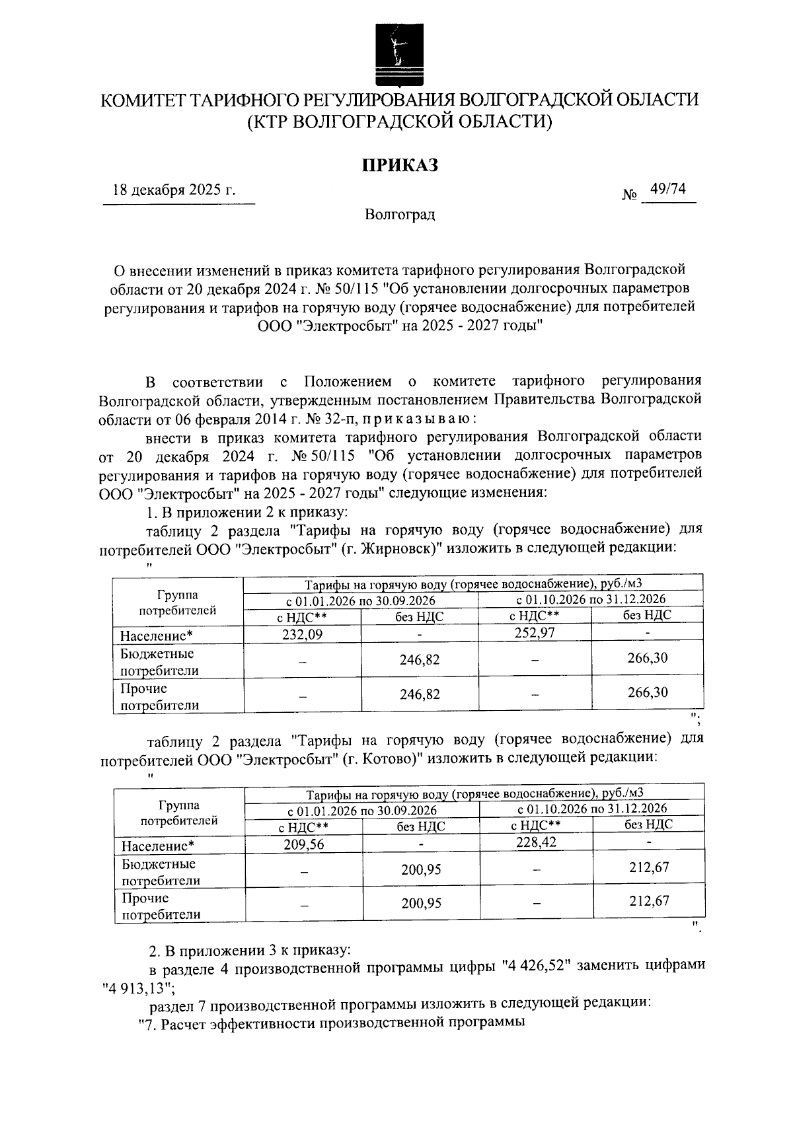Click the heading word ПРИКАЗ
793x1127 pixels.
tap(399, 165)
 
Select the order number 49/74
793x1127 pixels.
tap(667, 190)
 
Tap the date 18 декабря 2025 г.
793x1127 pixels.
tap(174, 190)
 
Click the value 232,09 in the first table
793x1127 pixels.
tap(303, 634)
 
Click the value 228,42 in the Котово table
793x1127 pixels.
tap(535, 842)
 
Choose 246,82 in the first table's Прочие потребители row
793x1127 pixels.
tap(420, 694)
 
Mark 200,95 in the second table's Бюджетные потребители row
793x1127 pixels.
tap(421, 869)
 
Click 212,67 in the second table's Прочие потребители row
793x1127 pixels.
tap(648, 901)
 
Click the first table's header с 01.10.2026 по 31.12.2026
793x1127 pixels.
tap(590, 599)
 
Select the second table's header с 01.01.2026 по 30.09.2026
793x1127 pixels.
tap(361, 810)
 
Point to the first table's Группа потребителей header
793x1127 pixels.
tap(178, 602)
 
